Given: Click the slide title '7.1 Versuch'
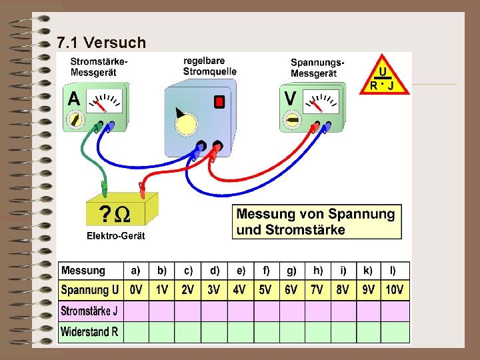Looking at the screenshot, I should click(101, 43).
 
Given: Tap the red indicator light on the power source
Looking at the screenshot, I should click(219, 101).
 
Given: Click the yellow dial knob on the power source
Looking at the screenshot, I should click(187, 123).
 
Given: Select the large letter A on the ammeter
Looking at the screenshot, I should click(74, 99).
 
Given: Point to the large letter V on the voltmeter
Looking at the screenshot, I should click(291, 98).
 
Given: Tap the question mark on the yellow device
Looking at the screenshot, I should click(105, 214).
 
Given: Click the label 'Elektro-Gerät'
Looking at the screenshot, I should click(115, 236).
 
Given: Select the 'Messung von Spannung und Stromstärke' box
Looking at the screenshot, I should click(317, 222).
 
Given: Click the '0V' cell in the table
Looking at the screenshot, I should click(136, 291).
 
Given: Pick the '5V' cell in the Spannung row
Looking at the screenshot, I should click(265, 291).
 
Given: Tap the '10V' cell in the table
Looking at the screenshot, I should click(395, 291).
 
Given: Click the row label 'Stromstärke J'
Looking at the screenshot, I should click(89, 311).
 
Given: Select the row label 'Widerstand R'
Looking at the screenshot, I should click(89, 331).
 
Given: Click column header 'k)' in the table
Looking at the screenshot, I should click(369, 271).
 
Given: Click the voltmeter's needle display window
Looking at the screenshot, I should click(322, 103).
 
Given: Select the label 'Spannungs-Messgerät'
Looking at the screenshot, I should click(317, 67).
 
